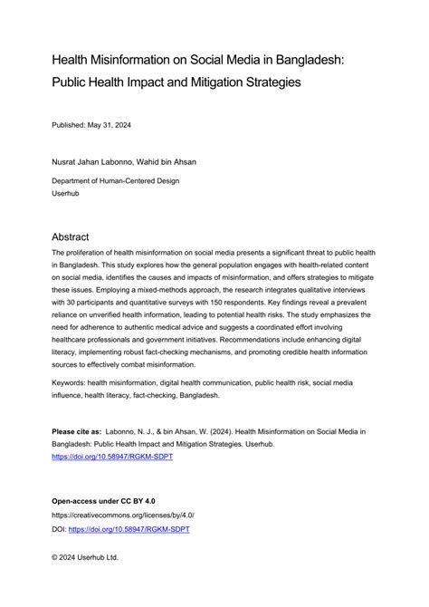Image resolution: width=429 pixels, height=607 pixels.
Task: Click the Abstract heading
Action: click(78, 233)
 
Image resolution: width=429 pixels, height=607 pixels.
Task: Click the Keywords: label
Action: click(75, 383)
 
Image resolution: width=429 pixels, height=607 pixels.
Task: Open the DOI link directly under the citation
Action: click(111, 457)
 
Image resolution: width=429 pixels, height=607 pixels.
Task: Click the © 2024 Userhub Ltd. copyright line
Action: click(84, 557)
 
